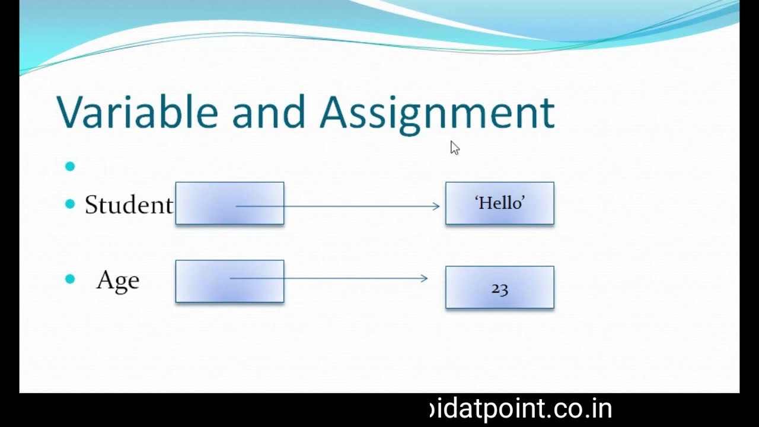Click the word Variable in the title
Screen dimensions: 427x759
coord(138,111)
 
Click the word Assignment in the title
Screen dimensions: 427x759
coord(436,113)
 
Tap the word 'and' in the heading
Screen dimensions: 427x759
coord(268,111)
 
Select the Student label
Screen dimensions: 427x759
coord(129,205)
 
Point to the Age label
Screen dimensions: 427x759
coord(117,280)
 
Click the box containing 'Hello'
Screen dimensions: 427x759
coord(499,203)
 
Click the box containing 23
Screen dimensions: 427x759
coord(499,288)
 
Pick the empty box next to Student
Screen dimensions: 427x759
coord(229,203)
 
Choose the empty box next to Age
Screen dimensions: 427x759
coord(229,281)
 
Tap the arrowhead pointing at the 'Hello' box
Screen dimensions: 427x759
coord(436,206)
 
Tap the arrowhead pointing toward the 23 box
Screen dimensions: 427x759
coord(425,278)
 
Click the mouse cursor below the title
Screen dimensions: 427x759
coord(455,148)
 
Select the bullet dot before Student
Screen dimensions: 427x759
coord(71,205)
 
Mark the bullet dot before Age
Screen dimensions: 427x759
coord(71,279)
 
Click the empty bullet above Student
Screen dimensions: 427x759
coord(71,167)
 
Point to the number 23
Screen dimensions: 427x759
coord(499,289)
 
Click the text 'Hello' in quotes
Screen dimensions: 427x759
coord(500,203)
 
